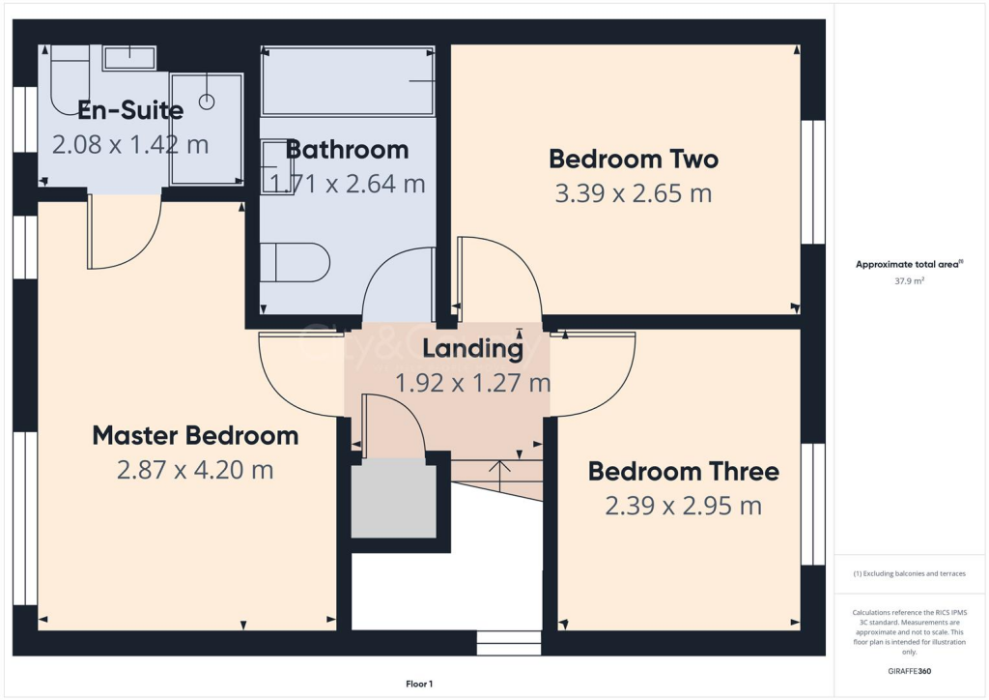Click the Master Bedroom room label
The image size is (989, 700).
pyautogui.click(x=195, y=435)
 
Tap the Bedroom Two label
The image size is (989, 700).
pyautogui.click(x=633, y=158)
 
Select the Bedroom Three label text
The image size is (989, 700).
pyautogui.click(x=683, y=471)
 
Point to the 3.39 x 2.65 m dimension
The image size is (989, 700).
pyautogui.click(x=633, y=193)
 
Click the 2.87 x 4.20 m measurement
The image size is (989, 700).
pyautogui.click(x=195, y=471)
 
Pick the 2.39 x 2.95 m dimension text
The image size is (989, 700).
pyautogui.click(x=683, y=506)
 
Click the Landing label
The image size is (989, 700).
pyautogui.click(x=472, y=347)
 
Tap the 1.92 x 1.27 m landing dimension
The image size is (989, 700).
pyautogui.click(x=472, y=383)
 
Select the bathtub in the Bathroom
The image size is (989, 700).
pyautogui.click(x=348, y=81)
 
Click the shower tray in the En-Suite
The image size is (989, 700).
pyautogui.click(x=206, y=128)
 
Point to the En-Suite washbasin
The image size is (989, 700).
pyautogui.click(x=128, y=57)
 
